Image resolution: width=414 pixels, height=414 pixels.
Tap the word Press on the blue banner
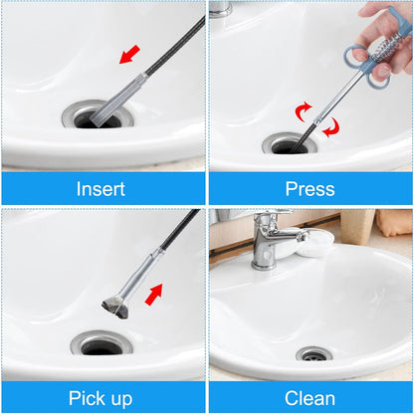click(310, 188)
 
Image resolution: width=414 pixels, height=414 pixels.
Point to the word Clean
click(310, 398)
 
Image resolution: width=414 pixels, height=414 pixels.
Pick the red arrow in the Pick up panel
click(153, 295)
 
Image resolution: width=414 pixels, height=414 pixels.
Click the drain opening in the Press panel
click(290, 145)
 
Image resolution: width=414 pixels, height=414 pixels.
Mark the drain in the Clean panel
click(313, 354)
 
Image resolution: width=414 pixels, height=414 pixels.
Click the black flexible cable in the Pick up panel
click(179, 235)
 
